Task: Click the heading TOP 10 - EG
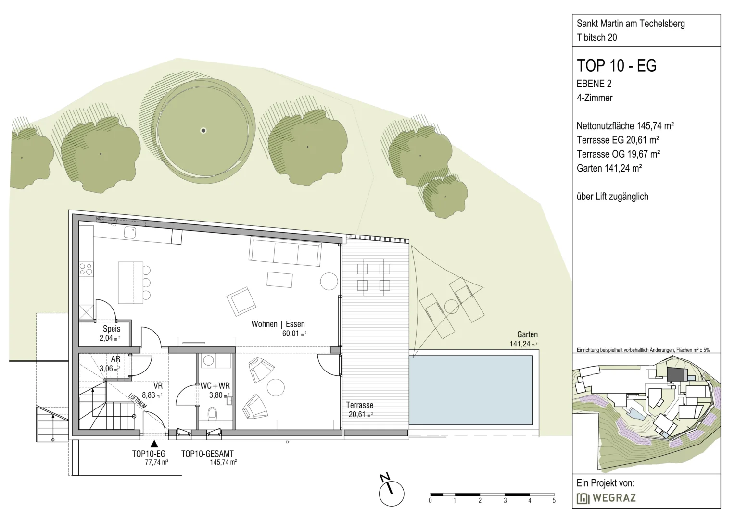(x=617, y=65)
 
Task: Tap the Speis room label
(x=112, y=329)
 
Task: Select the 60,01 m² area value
(x=294, y=334)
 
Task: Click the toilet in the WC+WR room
(x=212, y=413)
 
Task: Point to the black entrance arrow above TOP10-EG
(x=154, y=444)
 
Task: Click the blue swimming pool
(x=471, y=390)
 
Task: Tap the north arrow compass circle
(x=392, y=494)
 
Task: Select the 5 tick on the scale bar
(x=554, y=501)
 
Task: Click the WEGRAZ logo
(x=607, y=498)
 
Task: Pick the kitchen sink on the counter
(x=130, y=233)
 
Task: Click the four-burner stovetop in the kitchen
(x=86, y=270)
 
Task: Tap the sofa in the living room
(x=285, y=251)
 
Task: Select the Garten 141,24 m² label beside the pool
(x=523, y=339)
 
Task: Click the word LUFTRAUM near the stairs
(x=137, y=401)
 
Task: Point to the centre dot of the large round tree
(x=203, y=131)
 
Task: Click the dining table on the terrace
(x=373, y=277)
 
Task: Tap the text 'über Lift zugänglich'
(x=612, y=197)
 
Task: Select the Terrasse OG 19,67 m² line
(x=618, y=154)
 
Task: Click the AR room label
(x=115, y=359)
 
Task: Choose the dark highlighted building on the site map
(x=677, y=374)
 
